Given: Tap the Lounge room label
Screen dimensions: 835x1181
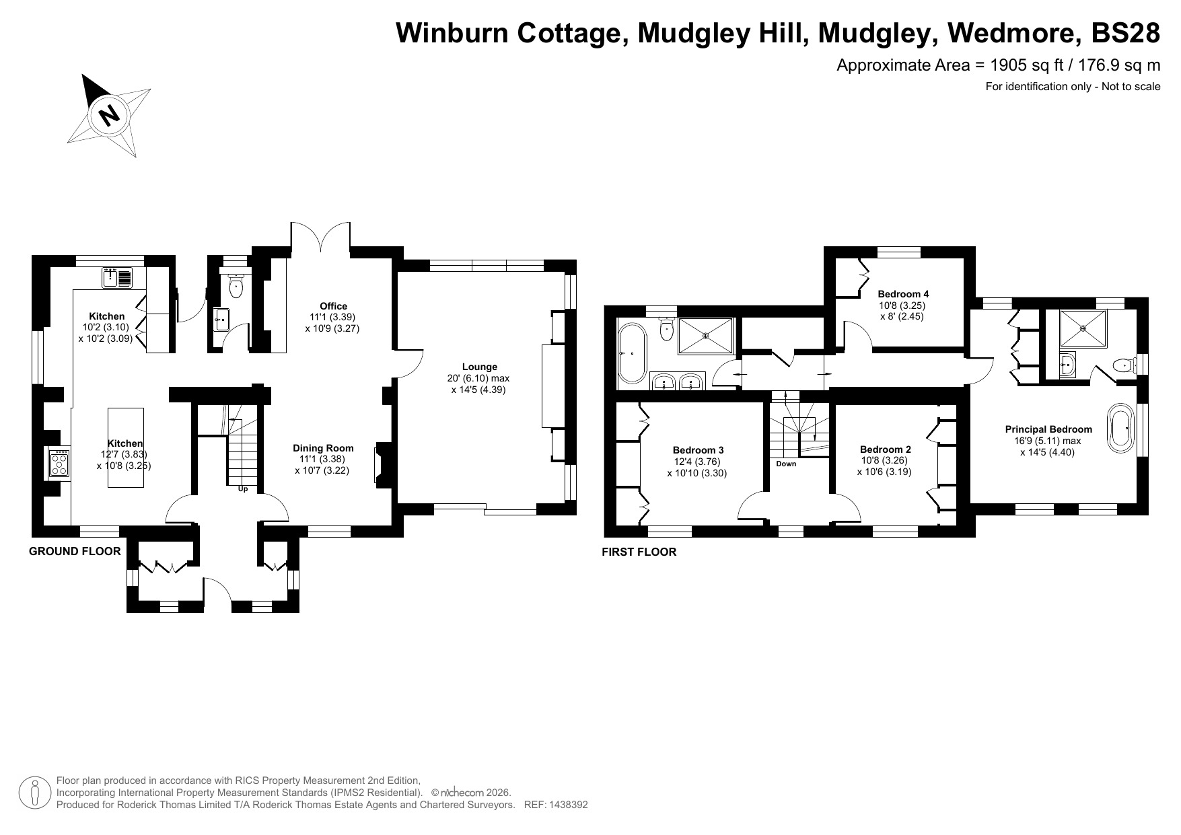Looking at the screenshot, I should click(x=480, y=367).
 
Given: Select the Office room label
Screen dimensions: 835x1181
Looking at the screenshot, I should click(x=333, y=306).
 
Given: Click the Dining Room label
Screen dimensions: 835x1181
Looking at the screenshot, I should click(x=323, y=448).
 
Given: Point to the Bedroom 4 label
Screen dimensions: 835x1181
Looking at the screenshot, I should click(x=903, y=294).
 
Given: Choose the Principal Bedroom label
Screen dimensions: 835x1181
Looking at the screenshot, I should click(x=1048, y=429).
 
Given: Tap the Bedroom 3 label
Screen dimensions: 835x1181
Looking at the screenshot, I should click(x=698, y=450).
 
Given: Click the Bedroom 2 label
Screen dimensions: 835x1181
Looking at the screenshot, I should click(x=885, y=449).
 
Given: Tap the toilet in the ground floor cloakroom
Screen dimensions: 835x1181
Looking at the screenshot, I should click(x=236, y=287).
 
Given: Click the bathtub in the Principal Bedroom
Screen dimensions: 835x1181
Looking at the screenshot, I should click(x=1120, y=427).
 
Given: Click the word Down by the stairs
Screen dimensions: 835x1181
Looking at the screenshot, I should click(x=785, y=464).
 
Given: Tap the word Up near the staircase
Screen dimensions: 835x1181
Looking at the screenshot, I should click(x=243, y=489).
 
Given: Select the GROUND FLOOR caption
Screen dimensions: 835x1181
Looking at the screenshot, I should click(x=75, y=552).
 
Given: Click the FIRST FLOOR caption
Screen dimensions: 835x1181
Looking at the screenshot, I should click(x=639, y=552).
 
